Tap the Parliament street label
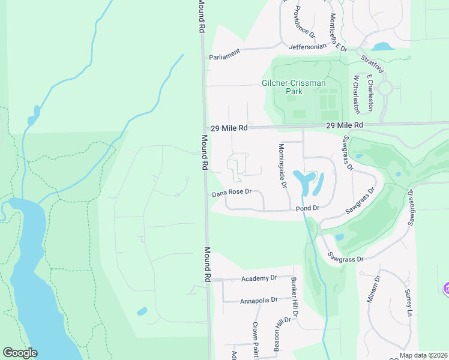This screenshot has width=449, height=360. tap(224, 53)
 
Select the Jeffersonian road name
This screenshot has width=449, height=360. tap(308, 46)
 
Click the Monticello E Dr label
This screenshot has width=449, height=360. tap(338, 32)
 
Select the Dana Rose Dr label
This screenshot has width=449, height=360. tap(231, 194)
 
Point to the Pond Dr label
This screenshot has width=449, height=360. tap(307, 208)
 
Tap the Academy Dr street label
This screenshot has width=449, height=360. tap(259, 278)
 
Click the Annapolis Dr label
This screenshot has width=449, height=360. tap(259, 300)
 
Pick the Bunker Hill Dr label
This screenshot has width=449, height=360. tap(294, 298)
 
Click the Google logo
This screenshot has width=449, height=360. tap(20, 353)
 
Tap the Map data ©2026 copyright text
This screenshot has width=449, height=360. tap(423, 355)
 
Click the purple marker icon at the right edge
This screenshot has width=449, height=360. tap(446, 289)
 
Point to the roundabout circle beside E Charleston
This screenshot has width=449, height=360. tap(385, 88)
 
